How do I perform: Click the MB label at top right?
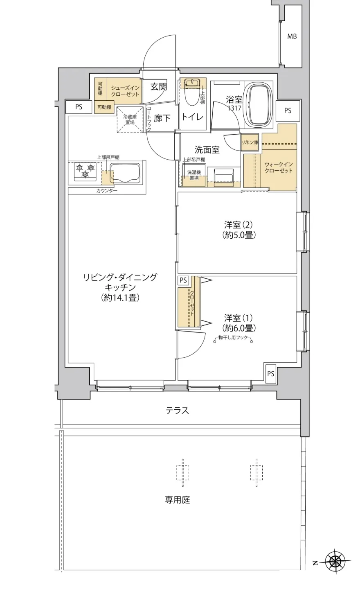[x=292, y=36]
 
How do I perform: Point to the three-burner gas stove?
[x=85, y=171]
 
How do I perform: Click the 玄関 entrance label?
[x=158, y=87]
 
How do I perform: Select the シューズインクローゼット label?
[x=125, y=91]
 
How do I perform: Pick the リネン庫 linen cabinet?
[x=250, y=142]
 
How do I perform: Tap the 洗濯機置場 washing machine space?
[x=194, y=175]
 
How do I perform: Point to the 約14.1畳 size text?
[x=120, y=298]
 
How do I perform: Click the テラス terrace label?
[x=178, y=411]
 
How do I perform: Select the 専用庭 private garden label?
[x=178, y=500]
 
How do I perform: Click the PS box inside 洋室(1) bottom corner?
[x=270, y=374]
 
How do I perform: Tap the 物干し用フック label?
[x=233, y=339]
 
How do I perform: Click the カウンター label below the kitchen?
[x=107, y=191]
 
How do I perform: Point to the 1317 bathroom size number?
[x=235, y=108]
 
